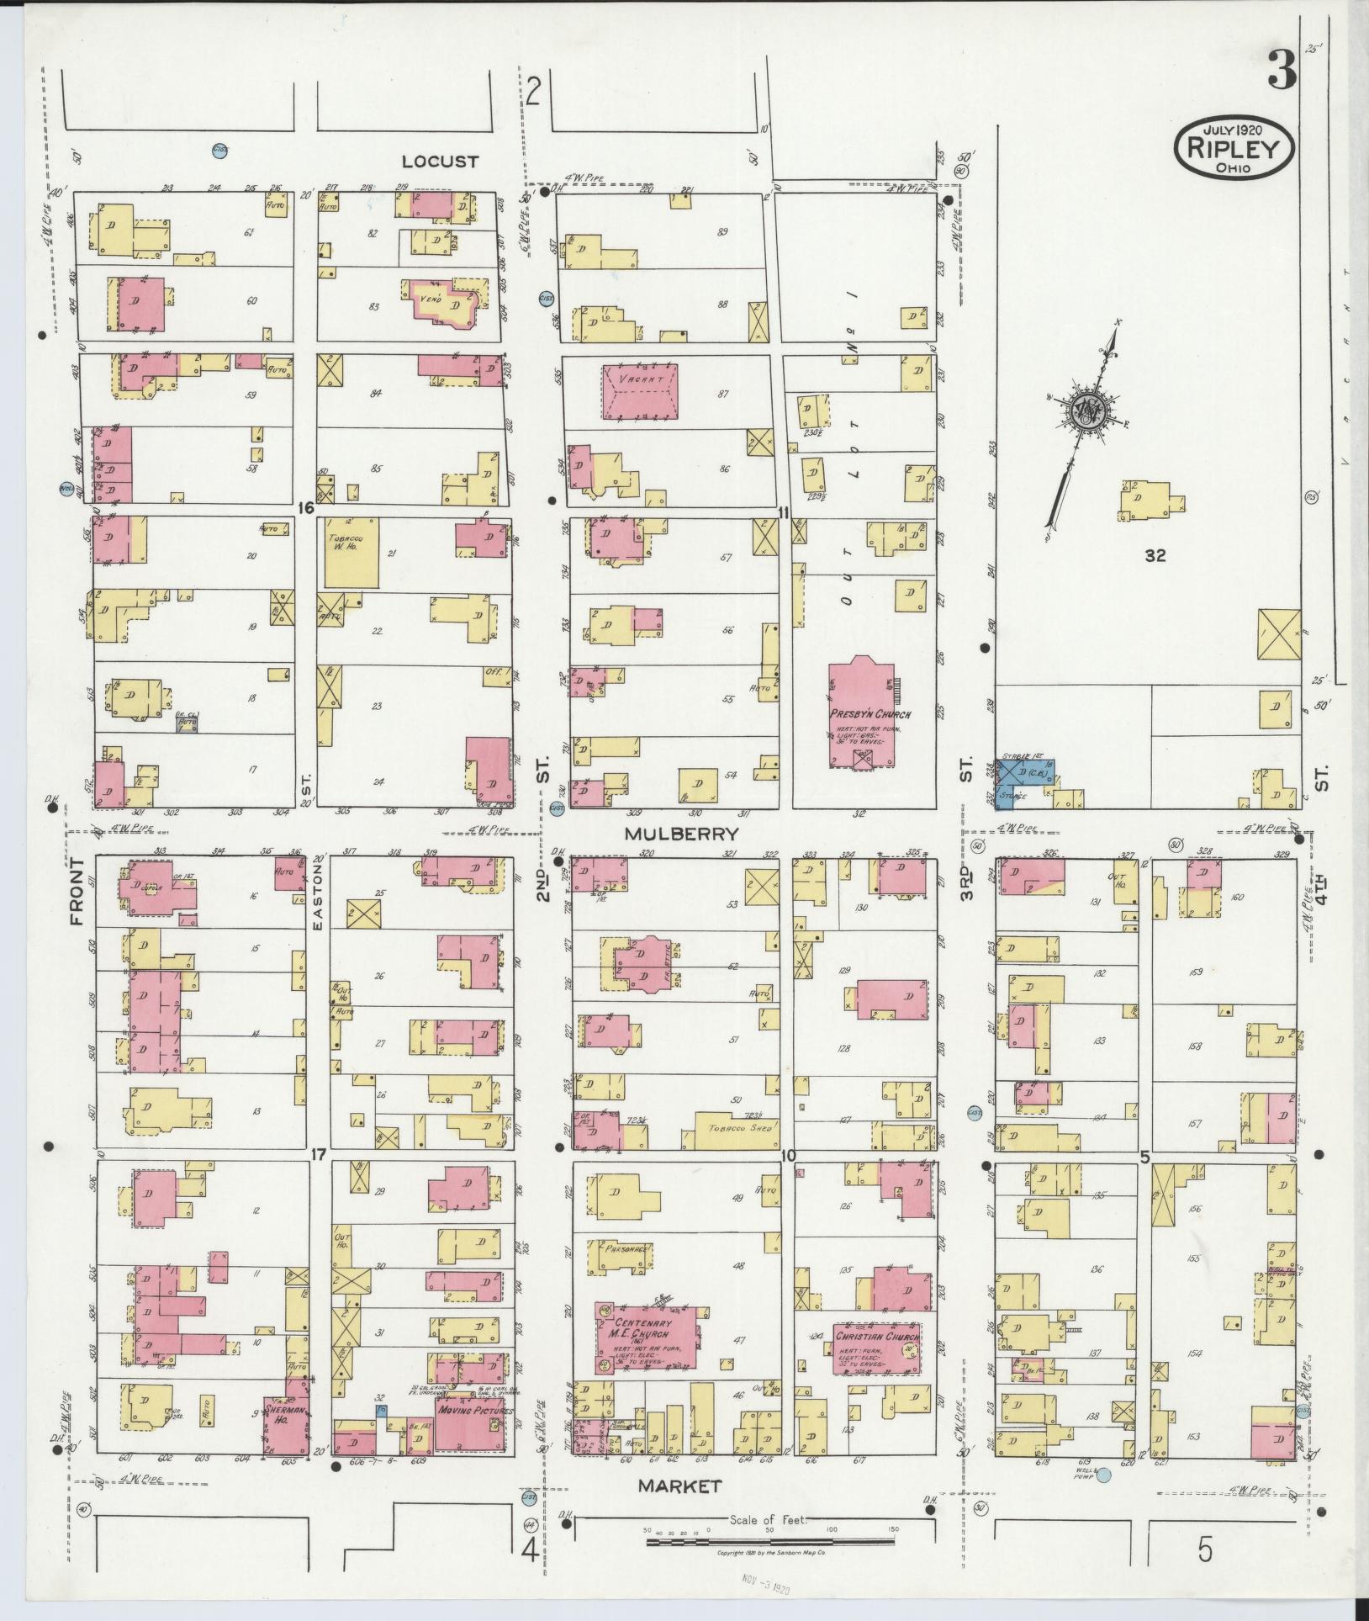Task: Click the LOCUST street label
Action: pyautogui.click(x=439, y=162)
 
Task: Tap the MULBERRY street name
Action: pyautogui.click(x=681, y=834)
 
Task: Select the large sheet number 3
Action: pyautogui.click(x=1282, y=71)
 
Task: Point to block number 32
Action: pyautogui.click(x=1155, y=555)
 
